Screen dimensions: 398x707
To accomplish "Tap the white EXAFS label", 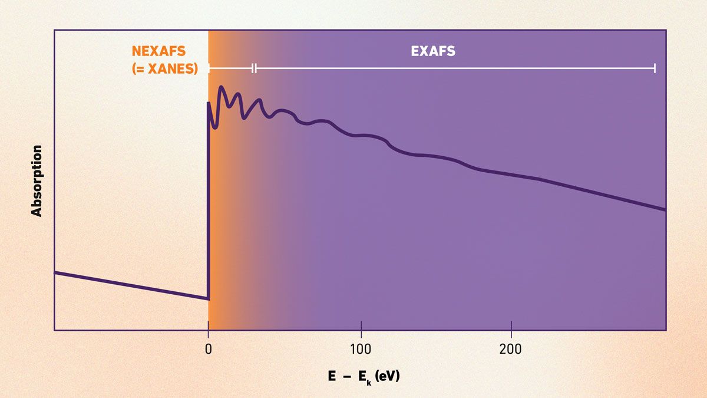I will [x=433, y=51].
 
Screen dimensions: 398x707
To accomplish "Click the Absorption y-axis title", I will [x=37, y=181].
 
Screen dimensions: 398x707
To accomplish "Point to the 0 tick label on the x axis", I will [x=208, y=349].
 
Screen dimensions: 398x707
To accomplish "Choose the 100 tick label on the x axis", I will [x=361, y=349].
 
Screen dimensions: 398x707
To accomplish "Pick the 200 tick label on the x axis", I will [x=511, y=349].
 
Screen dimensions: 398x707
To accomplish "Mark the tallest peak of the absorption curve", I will [x=222, y=88].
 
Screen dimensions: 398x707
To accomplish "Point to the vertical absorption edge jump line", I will [x=208, y=200].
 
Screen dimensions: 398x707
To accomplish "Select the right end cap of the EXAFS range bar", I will [x=655, y=68].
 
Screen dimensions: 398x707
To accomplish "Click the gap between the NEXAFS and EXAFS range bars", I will [x=254, y=68].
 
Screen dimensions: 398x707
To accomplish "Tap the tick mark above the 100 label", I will [x=361, y=326].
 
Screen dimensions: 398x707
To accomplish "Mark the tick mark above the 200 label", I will [x=511, y=326].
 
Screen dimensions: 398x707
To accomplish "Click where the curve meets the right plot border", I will [x=665, y=209].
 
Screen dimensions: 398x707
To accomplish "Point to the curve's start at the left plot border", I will [x=55, y=272].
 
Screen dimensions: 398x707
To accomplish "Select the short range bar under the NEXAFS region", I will [x=230, y=68].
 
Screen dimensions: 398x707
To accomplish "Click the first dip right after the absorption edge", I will [x=214, y=126].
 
